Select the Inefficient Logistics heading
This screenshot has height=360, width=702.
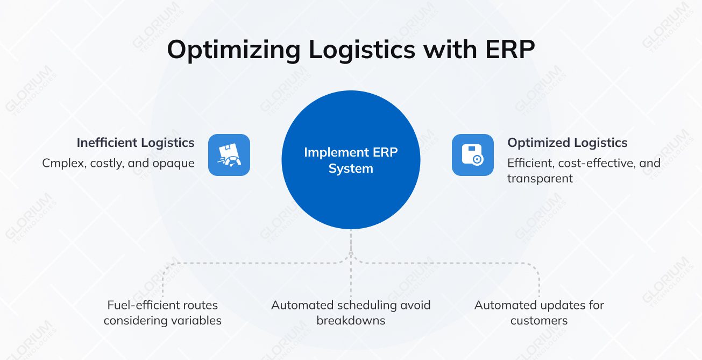tap(136, 143)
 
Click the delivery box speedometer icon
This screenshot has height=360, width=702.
tap(229, 155)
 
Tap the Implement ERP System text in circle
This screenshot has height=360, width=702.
tap(351, 160)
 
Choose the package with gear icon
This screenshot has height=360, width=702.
tap(472, 155)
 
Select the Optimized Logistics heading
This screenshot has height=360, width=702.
tap(568, 143)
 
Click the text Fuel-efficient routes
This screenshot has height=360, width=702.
tap(162, 305)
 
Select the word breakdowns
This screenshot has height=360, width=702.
tap(351, 321)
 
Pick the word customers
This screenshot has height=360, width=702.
tap(539, 321)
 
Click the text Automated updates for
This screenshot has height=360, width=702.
tap(539, 305)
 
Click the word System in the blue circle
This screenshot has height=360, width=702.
tap(351, 168)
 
